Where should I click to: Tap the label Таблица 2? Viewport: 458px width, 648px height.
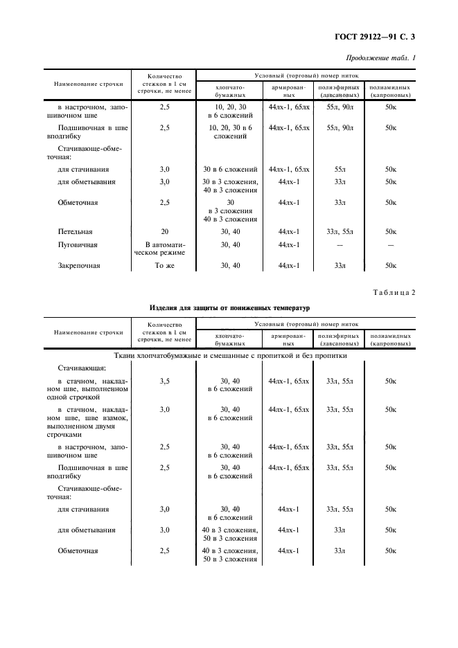pos(392,292)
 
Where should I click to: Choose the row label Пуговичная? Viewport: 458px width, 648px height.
pos(77,245)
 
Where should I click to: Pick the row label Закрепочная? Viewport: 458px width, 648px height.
pos(79,265)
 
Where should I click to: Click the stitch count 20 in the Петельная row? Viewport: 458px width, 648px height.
pos(164,232)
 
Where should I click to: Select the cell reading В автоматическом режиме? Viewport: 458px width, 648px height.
pos(164,249)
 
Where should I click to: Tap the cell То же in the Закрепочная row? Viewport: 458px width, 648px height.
pos(164,265)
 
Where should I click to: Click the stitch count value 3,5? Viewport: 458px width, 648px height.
pos(164,381)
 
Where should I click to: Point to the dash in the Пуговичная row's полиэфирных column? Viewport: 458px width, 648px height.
pos(340,245)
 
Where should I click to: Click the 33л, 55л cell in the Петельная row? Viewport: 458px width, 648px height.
pos(340,232)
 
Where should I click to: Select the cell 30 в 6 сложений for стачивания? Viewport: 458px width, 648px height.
pos(230,169)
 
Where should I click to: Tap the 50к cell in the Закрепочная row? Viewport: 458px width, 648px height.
pos(390,265)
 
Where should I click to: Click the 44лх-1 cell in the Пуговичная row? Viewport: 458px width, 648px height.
pos(288,245)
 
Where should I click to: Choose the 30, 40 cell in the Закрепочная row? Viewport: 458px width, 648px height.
pos(230,265)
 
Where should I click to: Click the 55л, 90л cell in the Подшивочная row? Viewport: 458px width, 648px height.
pos(340,128)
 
